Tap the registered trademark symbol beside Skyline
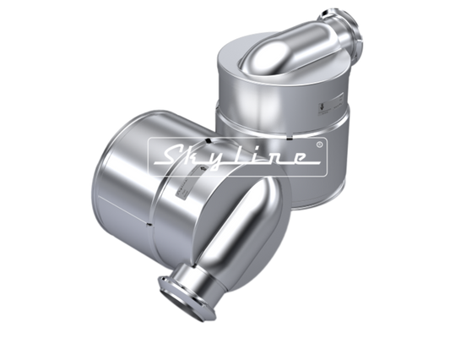tap(319, 144)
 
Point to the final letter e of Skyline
tap(298, 158)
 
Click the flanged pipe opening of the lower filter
tap(186, 299)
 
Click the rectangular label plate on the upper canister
tap(330, 104)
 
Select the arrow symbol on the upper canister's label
tap(322, 107)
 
